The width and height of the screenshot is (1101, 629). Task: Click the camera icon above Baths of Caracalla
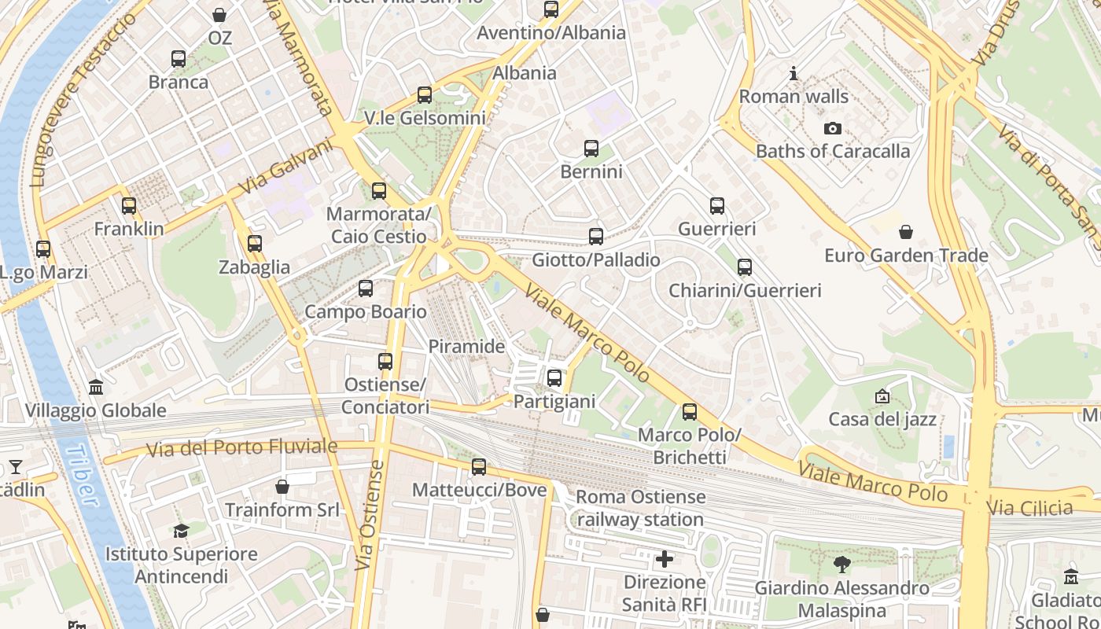[832, 128]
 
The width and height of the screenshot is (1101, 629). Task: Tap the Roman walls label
[794, 97]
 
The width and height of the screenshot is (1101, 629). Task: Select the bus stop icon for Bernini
[591, 148]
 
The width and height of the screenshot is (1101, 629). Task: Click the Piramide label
[466, 346]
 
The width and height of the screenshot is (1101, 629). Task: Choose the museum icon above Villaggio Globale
[96, 387]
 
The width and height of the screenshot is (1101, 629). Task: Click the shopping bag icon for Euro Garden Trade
[906, 231]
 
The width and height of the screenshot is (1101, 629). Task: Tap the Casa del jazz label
[882, 419]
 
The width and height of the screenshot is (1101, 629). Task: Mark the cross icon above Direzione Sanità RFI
[665, 559]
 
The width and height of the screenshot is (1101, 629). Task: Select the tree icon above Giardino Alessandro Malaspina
[842, 564]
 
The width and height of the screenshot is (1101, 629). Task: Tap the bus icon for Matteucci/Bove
[479, 467]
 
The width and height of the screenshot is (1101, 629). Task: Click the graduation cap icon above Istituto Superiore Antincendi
[182, 531]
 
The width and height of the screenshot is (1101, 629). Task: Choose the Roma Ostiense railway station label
[640, 508]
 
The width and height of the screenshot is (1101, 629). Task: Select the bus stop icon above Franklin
[129, 206]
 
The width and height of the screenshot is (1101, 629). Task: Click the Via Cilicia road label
[1030, 507]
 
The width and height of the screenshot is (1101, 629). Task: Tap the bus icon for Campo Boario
[366, 289]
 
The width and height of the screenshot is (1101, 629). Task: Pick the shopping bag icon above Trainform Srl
[282, 487]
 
